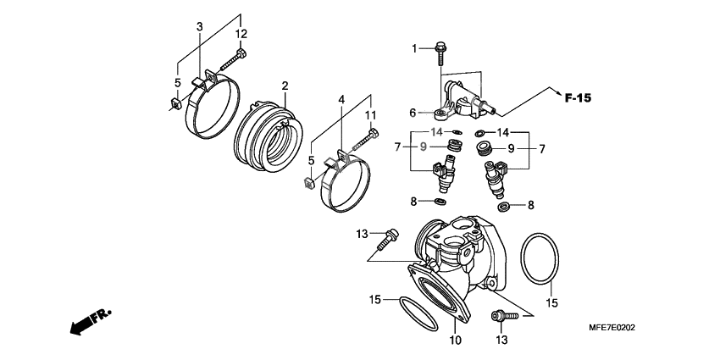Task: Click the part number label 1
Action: point(416,49)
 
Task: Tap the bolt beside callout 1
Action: point(440,52)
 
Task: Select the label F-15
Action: point(578,98)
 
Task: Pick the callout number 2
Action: point(285,86)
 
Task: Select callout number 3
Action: point(200,27)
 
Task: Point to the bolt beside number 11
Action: point(366,139)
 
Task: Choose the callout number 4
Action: point(342,99)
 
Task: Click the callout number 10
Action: point(455,341)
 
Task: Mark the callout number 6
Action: point(413,112)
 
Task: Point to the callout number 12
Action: point(241,34)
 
